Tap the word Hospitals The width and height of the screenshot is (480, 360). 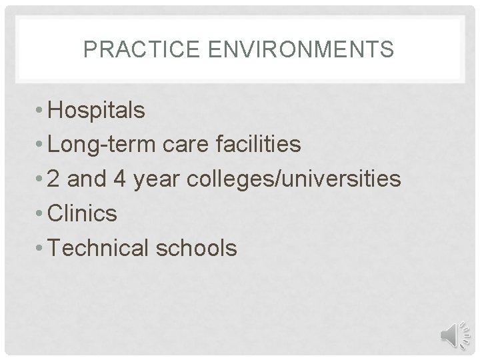pyautogui.click(x=97, y=111)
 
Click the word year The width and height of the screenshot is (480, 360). pyautogui.click(x=161, y=179)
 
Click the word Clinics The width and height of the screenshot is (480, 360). pyautogui.click(x=83, y=214)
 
